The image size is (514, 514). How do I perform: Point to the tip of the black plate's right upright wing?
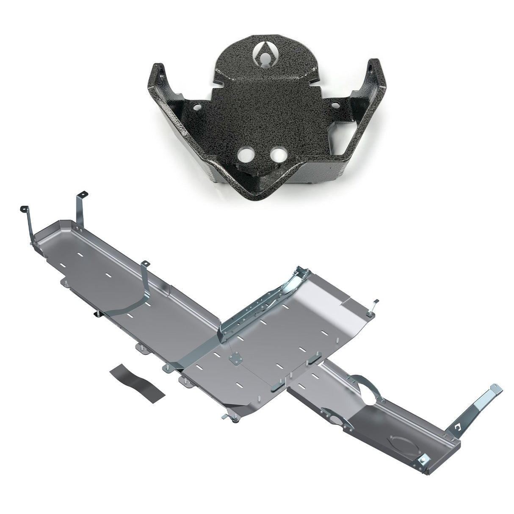[x=373, y=64]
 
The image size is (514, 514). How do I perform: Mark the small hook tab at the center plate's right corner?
[x=374, y=303]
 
